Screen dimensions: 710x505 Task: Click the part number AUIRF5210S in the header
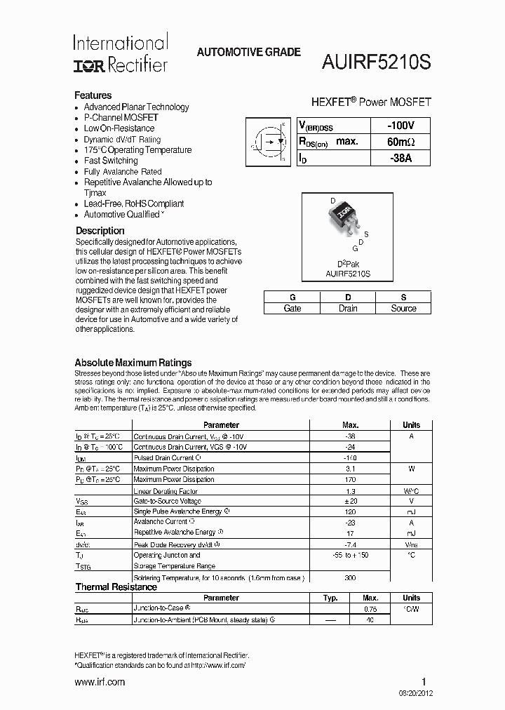point(377,62)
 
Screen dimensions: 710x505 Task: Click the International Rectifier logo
point(121,54)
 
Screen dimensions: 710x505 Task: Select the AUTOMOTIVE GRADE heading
point(248,52)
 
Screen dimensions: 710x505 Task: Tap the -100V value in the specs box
point(400,126)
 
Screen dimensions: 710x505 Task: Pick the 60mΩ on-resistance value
point(400,142)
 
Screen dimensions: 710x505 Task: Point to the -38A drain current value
point(400,159)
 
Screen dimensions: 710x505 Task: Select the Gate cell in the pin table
point(292,309)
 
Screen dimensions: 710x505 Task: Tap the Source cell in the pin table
point(403,309)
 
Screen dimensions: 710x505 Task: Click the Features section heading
point(93,95)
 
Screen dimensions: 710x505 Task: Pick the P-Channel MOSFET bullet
point(121,118)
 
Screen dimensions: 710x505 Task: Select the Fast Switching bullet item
point(111,161)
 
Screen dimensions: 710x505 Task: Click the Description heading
point(100,231)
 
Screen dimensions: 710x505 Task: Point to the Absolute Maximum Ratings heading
point(133,363)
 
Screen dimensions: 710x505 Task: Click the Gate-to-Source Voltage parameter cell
point(167,502)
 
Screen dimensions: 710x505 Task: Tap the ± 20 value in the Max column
point(350,502)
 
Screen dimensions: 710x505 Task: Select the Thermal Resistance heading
point(116,587)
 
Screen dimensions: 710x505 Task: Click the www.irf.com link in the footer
point(100,682)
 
